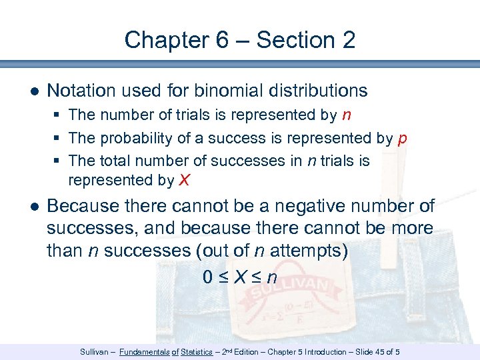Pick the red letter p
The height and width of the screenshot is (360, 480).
coord(402,139)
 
